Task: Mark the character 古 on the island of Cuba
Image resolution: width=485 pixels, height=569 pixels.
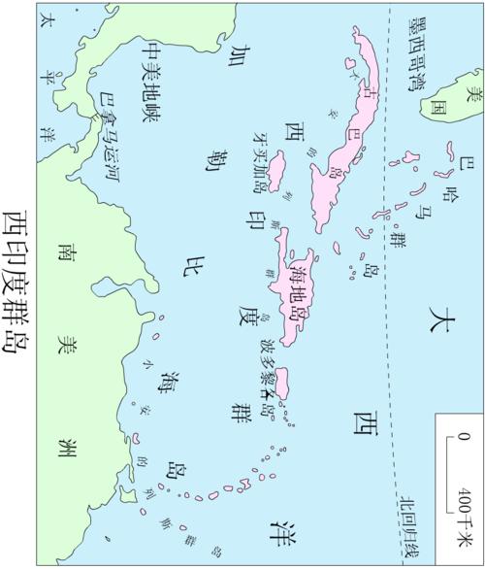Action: (x=366, y=93)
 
